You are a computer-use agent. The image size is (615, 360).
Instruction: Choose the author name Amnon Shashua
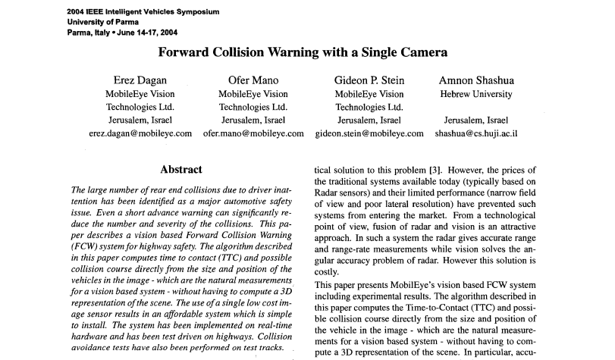point(475,80)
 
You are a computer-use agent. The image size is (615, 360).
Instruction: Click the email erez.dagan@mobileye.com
point(140,133)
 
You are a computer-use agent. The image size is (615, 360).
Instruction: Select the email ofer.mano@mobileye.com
point(253,133)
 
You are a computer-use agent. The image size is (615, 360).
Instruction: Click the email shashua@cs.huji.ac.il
point(476,133)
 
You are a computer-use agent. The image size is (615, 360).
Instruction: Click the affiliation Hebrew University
point(475,94)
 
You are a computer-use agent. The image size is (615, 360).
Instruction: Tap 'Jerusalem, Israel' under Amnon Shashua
point(475,120)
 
